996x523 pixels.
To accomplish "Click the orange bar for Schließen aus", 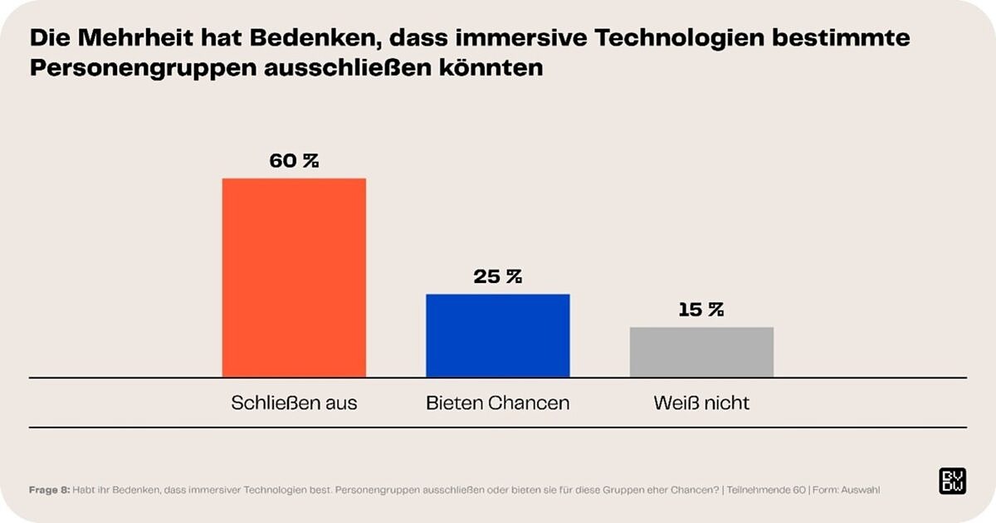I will (294, 278).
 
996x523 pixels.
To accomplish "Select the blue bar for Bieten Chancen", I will (498, 335).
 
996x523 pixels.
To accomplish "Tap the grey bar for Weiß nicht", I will (701, 352).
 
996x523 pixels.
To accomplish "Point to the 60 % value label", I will (294, 161).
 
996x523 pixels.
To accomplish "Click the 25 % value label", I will (498, 277).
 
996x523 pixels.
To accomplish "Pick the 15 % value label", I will (701, 310).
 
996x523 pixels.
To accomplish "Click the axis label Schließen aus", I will (294, 403).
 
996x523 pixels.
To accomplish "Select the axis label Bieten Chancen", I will (498, 403).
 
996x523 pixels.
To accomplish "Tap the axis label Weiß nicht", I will (701, 403).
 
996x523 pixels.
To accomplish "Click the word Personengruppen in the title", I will (142, 68).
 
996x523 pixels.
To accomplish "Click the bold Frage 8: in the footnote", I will (48, 490).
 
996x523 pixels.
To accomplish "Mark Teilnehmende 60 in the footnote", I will (764, 490).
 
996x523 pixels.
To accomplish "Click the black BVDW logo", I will (952, 481).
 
